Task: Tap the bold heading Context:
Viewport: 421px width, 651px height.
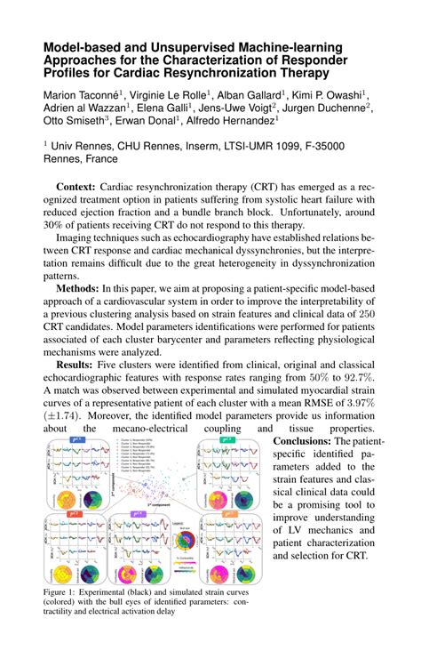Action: coord(76,189)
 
